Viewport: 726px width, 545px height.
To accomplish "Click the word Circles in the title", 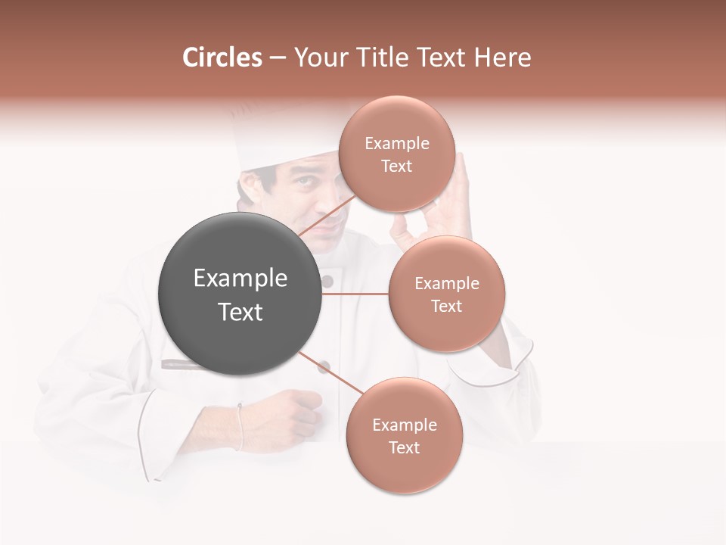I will (222, 58).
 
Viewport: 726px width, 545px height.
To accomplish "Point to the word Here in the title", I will (503, 58).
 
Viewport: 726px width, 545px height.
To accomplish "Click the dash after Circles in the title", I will (277, 58).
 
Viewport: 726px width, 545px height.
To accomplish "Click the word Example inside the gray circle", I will (240, 279).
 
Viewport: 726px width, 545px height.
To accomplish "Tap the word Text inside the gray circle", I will (240, 312).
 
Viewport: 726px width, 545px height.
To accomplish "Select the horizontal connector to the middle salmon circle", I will (355, 294).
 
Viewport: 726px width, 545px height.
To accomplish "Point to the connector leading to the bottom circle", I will (327, 372).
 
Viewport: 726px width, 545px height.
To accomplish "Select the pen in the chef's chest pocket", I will (181, 364).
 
